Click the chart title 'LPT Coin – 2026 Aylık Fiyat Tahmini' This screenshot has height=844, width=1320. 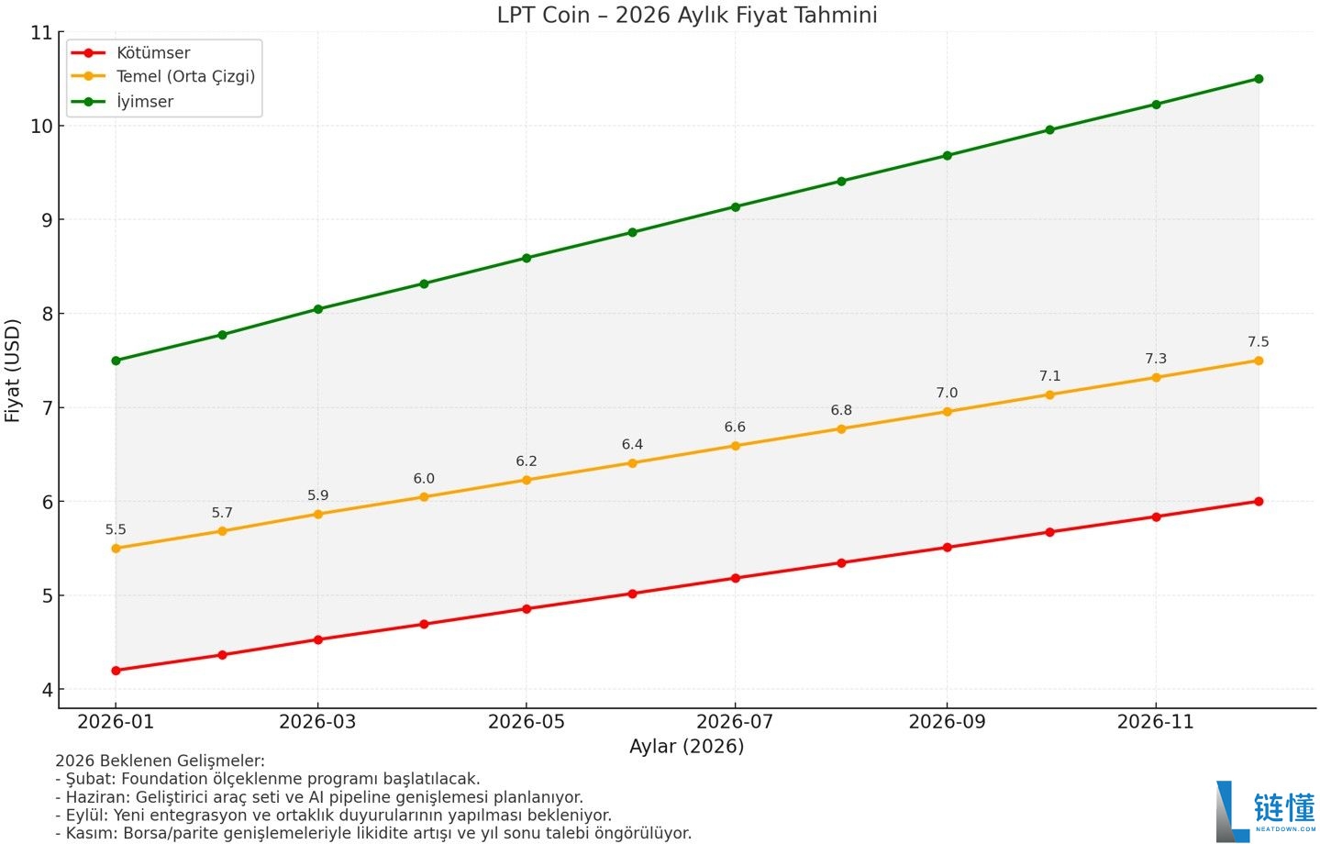[x=686, y=16]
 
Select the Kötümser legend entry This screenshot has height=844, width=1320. [x=152, y=53]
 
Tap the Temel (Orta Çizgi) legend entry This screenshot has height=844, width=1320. [x=184, y=77]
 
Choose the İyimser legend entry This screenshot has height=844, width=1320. [x=144, y=102]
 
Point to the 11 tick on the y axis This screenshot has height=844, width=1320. [x=41, y=33]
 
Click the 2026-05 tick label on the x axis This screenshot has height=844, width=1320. [x=526, y=722]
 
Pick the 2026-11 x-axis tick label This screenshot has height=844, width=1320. [x=1155, y=722]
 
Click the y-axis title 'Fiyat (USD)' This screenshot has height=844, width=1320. [x=13, y=371]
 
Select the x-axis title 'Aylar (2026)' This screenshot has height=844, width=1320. [x=686, y=747]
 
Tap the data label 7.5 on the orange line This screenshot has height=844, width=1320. [x=1258, y=342]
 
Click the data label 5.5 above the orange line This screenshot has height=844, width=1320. [x=116, y=530]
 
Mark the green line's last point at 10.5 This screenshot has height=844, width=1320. [x=1258, y=79]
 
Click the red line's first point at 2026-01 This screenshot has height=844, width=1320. [x=116, y=671]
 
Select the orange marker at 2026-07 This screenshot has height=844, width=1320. [x=735, y=446]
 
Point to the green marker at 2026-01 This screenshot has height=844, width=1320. [x=116, y=361]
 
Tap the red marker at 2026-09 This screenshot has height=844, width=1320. [x=947, y=548]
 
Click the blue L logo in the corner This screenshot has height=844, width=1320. [x=1231, y=811]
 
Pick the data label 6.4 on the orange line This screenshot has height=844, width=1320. [x=632, y=445]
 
